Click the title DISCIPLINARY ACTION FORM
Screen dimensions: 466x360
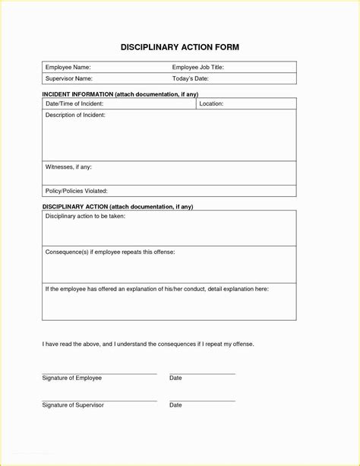coord(180,47)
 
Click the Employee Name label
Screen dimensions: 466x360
coord(68,67)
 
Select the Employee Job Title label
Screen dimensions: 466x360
coord(197,67)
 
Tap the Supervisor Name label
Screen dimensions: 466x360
coord(69,78)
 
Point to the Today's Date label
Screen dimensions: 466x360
coord(190,78)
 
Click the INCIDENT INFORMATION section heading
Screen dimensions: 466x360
coord(120,94)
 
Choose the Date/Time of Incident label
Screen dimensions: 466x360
coord(74,103)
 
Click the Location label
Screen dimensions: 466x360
coord(211,103)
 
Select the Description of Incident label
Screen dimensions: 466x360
coord(75,115)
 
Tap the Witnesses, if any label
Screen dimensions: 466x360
coord(68,166)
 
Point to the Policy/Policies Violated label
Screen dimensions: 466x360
coord(76,191)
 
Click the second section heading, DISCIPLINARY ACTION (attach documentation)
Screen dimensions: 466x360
coord(118,207)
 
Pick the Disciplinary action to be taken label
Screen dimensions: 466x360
coord(85,217)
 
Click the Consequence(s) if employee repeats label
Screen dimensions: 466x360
coord(110,251)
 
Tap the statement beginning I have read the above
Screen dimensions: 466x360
coord(148,344)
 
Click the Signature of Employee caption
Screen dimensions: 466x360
coord(72,378)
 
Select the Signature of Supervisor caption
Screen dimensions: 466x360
coord(73,405)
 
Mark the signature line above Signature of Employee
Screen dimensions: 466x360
coord(99,373)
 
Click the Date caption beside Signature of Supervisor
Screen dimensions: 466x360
coord(175,405)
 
